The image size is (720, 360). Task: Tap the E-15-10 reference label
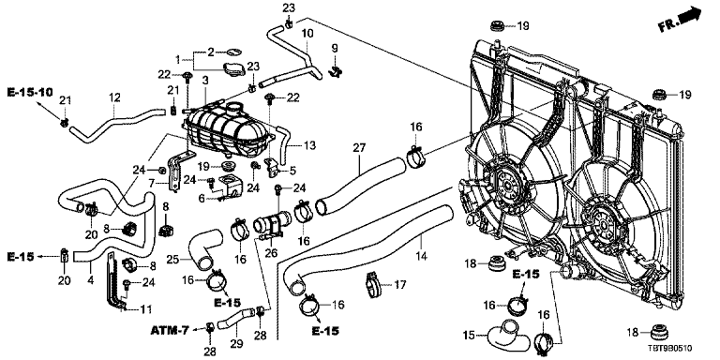30,92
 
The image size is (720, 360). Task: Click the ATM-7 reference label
170,330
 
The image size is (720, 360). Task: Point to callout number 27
359,148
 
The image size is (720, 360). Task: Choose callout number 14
421,255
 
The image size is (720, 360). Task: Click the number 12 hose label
114,97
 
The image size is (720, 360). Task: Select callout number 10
307,34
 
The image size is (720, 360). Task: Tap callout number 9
335,48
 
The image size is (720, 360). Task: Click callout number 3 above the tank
205,81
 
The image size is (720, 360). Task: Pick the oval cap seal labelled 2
232,52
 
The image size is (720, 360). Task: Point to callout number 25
172,260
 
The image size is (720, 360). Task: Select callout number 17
400,285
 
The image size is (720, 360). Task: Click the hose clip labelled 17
374,284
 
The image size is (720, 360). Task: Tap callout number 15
470,337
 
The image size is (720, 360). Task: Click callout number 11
146,309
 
